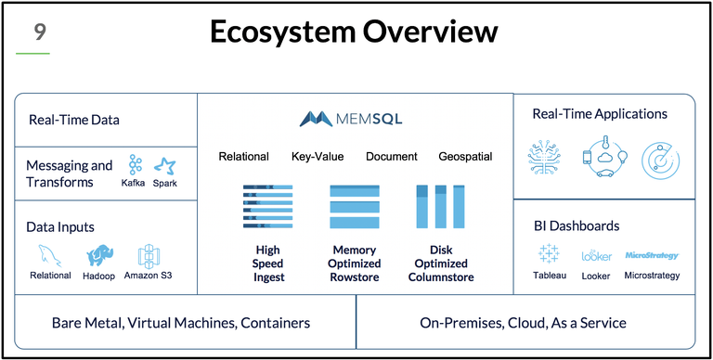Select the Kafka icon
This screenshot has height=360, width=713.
click(136, 164)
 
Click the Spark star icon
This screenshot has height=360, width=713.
click(165, 165)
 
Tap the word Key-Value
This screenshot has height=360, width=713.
click(317, 157)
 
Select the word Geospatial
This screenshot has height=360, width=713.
click(465, 157)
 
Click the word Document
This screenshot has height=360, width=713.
click(391, 157)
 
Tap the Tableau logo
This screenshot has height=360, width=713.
click(549, 254)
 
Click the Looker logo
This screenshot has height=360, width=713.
click(596, 255)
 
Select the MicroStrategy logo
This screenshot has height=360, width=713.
click(652, 254)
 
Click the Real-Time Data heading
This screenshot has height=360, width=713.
click(74, 120)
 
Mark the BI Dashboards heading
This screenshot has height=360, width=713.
click(577, 225)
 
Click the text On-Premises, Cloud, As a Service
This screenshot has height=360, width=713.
click(524, 323)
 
